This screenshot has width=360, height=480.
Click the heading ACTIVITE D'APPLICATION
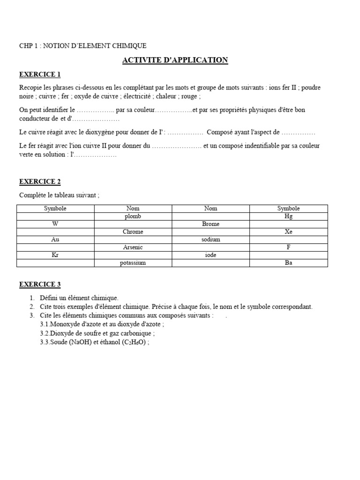coord(175,60)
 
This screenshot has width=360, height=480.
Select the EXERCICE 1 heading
coord(40,74)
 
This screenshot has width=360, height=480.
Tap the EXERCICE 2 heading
coord(40,181)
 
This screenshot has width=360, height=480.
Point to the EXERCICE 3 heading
coord(40,284)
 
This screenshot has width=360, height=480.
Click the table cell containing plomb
coord(133,216)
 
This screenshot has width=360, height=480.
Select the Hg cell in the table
coord(288,216)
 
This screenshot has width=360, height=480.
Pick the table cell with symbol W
coord(55,224)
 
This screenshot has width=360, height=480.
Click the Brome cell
coord(210,224)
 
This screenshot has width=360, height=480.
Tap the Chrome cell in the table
coord(133,232)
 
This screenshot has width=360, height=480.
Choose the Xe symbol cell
coord(288,232)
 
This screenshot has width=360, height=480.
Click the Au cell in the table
coord(55,239)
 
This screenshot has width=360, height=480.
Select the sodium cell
coord(210,240)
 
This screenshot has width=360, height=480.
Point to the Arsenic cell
coord(133,247)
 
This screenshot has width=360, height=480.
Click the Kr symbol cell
coord(55,255)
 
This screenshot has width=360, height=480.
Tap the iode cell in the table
coord(210,255)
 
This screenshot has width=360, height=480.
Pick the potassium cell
coord(133,263)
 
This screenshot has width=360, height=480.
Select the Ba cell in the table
coord(288,263)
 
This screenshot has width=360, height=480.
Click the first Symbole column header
coord(55,208)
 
